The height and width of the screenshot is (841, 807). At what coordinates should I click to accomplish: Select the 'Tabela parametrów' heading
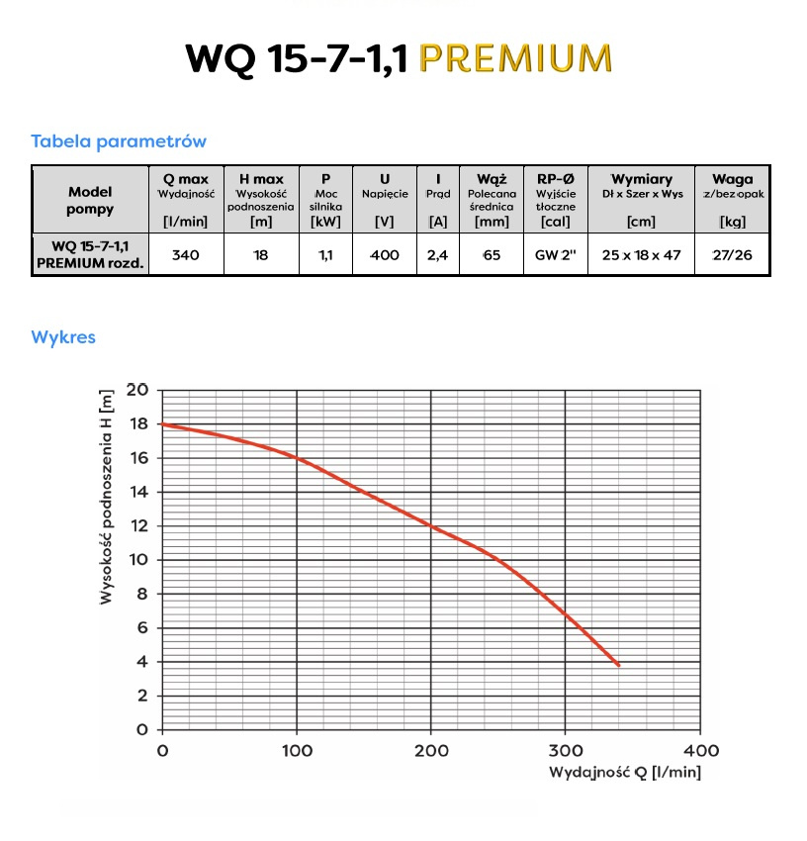(x=119, y=141)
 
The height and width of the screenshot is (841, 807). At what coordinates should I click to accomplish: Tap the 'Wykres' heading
(x=63, y=337)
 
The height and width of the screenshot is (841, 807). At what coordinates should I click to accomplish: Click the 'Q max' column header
(x=186, y=179)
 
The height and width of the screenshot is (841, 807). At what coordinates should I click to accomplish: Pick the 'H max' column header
(x=261, y=179)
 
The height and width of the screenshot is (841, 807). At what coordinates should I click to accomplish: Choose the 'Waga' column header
(x=732, y=179)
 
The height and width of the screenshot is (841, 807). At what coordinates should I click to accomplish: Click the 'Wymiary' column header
(x=641, y=179)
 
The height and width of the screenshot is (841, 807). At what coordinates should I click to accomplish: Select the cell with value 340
(x=186, y=255)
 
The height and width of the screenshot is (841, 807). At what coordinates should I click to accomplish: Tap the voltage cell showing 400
(x=385, y=255)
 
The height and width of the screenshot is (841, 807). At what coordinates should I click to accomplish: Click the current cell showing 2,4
(x=437, y=255)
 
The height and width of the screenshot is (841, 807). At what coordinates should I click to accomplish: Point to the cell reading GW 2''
(x=555, y=255)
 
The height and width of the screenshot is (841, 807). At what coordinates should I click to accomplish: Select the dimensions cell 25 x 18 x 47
(x=641, y=255)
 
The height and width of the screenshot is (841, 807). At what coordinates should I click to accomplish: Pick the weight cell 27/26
(x=732, y=255)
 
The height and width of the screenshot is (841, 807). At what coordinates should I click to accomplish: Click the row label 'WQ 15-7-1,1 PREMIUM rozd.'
(x=90, y=254)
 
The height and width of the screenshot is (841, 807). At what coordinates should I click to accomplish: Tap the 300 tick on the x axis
(x=565, y=750)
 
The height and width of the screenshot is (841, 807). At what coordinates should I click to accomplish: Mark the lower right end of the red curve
(x=618, y=665)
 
